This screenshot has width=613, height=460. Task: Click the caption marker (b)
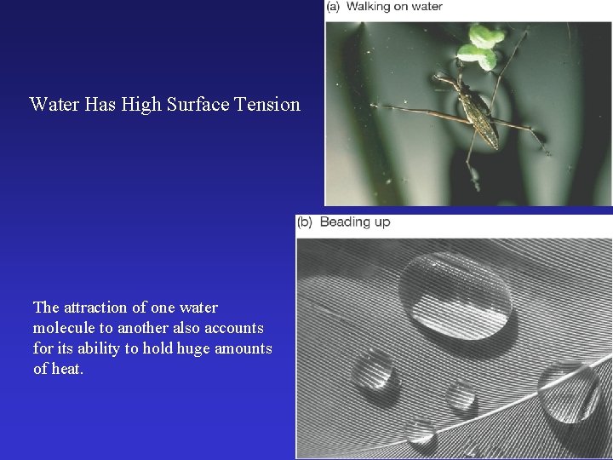(x=305, y=222)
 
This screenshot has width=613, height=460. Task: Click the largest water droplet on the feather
(x=455, y=295)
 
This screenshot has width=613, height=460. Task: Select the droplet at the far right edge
(x=568, y=391)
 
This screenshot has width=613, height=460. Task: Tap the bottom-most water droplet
(x=421, y=433)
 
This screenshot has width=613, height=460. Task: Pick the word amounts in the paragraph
(x=241, y=348)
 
